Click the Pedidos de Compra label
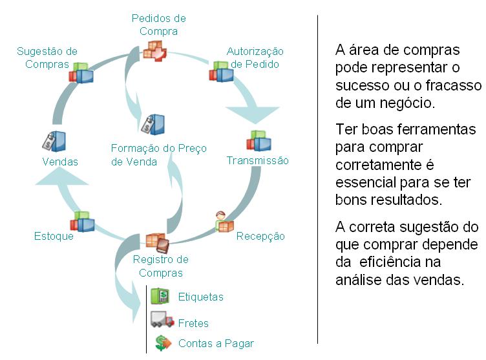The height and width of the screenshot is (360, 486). [x=158, y=25]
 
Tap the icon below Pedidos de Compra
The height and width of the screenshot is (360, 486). [x=154, y=50]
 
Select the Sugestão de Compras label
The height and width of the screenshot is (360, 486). [x=47, y=58]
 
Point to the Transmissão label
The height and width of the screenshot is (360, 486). [x=257, y=160]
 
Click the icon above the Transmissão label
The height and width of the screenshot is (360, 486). [x=259, y=141]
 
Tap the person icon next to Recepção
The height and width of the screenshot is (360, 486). [x=224, y=222]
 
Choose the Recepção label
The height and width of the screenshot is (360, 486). [x=260, y=236]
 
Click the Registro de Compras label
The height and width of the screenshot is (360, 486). [x=160, y=266]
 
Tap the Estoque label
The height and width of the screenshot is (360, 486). [x=54, y=236]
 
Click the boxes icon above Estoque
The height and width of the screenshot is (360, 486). [x=82, y=222]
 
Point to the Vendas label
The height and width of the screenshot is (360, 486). [x=60, y=162]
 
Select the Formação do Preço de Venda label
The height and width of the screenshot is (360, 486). [x=159, y=155]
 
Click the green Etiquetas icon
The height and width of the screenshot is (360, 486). [x=160, y=297]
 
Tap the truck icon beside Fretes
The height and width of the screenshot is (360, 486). [x=162, y=320]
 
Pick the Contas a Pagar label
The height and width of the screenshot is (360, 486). [x=216, y=343]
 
